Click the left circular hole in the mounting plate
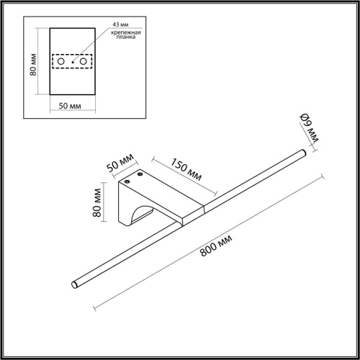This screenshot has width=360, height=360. point(61,63)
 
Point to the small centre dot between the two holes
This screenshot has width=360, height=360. point(72,63)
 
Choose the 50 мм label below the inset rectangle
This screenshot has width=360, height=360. point(71,107)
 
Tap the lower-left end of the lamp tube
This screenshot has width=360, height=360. point(76,286)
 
